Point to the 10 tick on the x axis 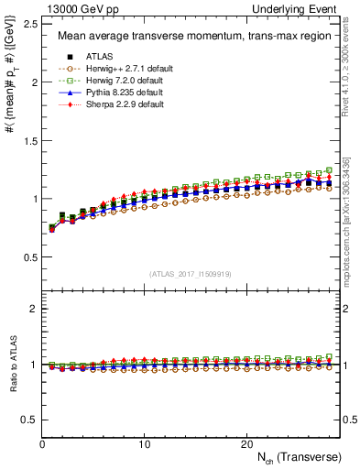coord(145,442)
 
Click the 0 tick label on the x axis coord(43,442)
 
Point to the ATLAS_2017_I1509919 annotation coord(191,274)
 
